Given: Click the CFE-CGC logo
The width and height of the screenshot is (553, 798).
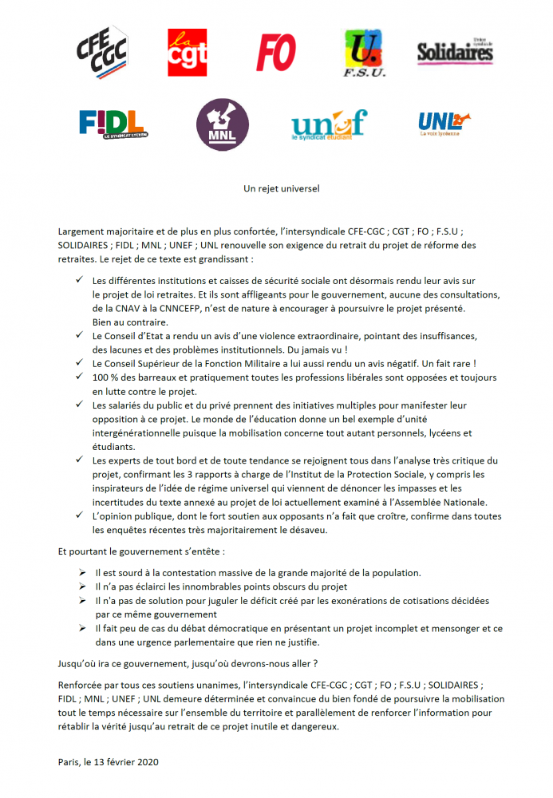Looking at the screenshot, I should [x=103, y=51].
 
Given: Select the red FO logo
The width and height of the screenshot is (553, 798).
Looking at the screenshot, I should [x=276, y=51].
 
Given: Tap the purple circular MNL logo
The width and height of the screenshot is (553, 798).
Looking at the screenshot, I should [x=221, y=124].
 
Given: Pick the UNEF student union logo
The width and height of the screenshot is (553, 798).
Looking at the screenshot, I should [x=329, y=124].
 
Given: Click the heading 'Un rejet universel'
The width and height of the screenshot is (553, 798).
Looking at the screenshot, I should [x=276, y=189].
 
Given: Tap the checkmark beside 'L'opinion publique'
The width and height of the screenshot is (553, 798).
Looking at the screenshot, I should [x=79, y=516].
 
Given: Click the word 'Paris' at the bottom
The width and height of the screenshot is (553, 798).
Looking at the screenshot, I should [x=70, y=762].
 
